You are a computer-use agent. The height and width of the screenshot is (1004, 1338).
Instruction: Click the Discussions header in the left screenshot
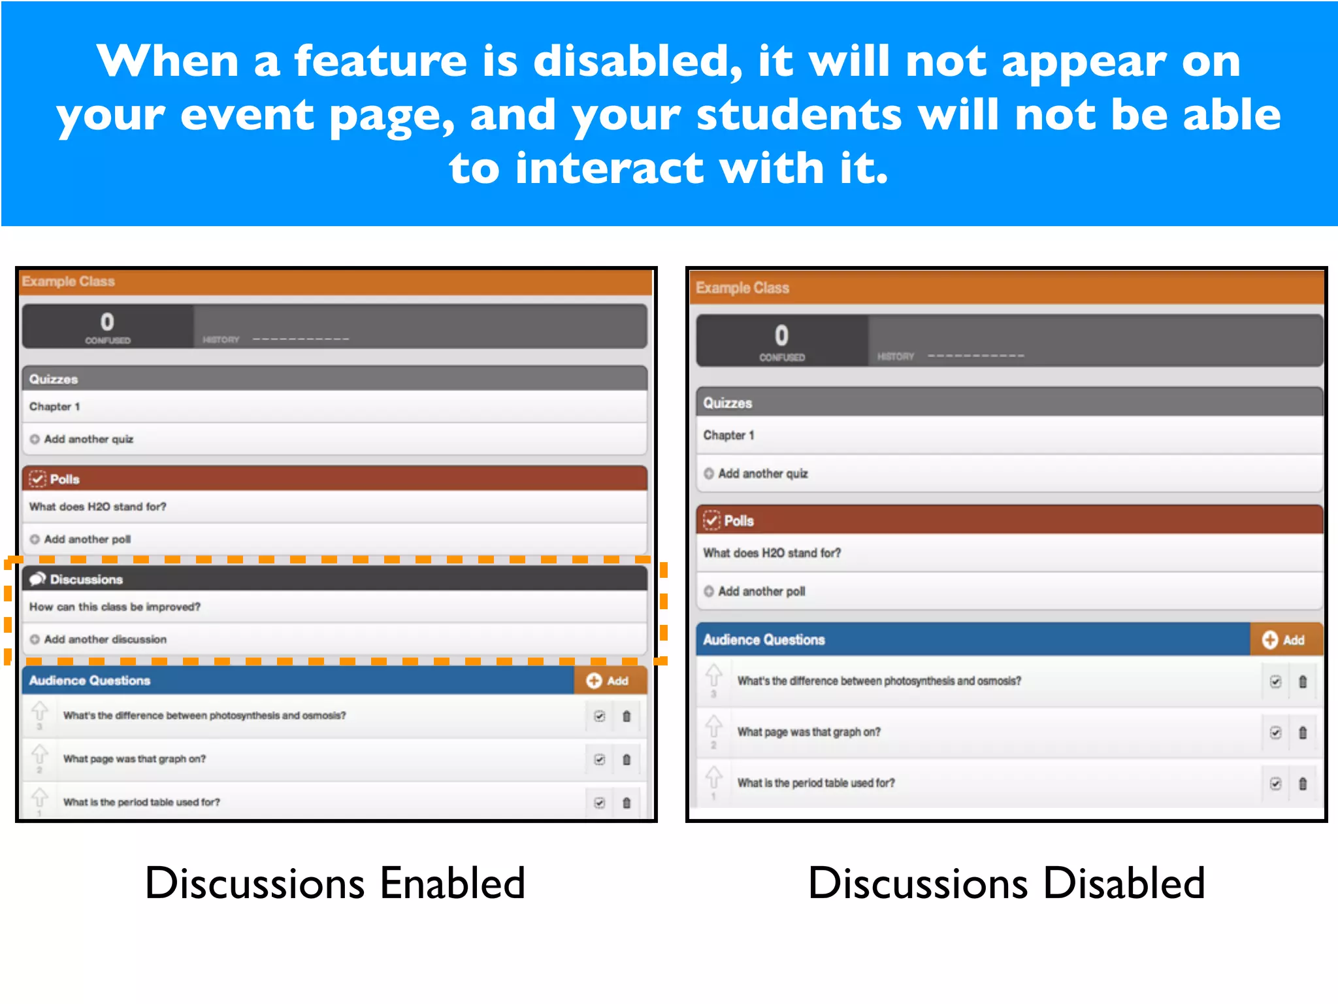tap(86, 579)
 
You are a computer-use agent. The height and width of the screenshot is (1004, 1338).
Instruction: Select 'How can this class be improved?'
tap(115, 607)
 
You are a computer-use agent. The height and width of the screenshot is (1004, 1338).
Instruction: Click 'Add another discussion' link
tap(105, 639)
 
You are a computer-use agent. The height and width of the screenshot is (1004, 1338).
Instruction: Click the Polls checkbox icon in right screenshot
tap(711, 520)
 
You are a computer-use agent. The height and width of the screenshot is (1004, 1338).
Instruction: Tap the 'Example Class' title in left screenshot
tap(69, 282)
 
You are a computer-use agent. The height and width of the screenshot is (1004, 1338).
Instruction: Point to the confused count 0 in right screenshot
tap(781, 336)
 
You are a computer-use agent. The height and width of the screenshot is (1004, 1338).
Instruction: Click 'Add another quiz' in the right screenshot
tap(762, 473)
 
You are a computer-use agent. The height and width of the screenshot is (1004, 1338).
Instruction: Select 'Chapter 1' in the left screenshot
tap(55, 407)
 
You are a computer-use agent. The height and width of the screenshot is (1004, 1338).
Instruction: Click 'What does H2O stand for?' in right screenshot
tap(772, 553)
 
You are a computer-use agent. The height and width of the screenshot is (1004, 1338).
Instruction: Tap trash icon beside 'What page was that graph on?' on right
tap(1303, 733)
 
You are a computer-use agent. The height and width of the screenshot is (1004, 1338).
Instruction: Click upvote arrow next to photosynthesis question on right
tap(713, 675)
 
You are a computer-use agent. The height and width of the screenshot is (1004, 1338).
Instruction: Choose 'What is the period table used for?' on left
tap(141, 802)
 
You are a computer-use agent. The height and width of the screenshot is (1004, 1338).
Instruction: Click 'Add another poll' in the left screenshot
tap(87, 539)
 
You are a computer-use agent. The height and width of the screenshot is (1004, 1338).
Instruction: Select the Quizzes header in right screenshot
tap(727, 403)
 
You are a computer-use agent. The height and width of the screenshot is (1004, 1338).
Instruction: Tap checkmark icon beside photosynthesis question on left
tap(599, 716)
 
